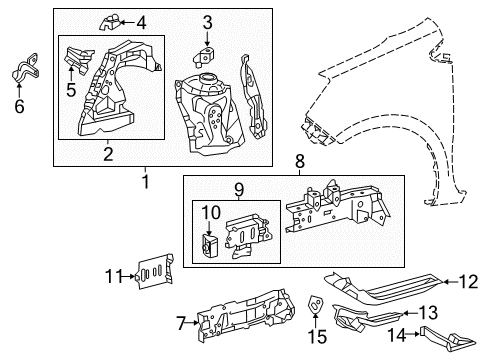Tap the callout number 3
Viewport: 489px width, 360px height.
point(207,22)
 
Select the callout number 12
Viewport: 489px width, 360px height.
point(468,283)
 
